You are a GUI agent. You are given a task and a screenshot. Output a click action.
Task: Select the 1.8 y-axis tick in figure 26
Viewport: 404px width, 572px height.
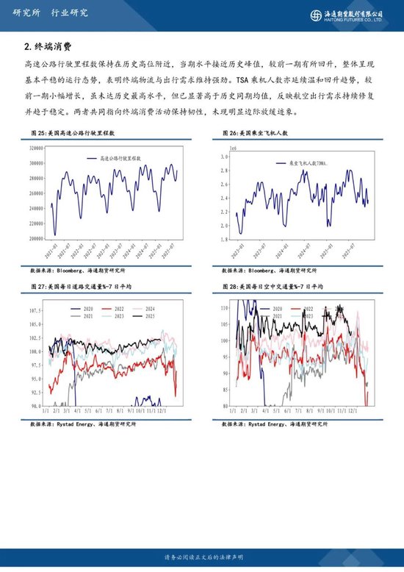(x=226, y=240)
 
